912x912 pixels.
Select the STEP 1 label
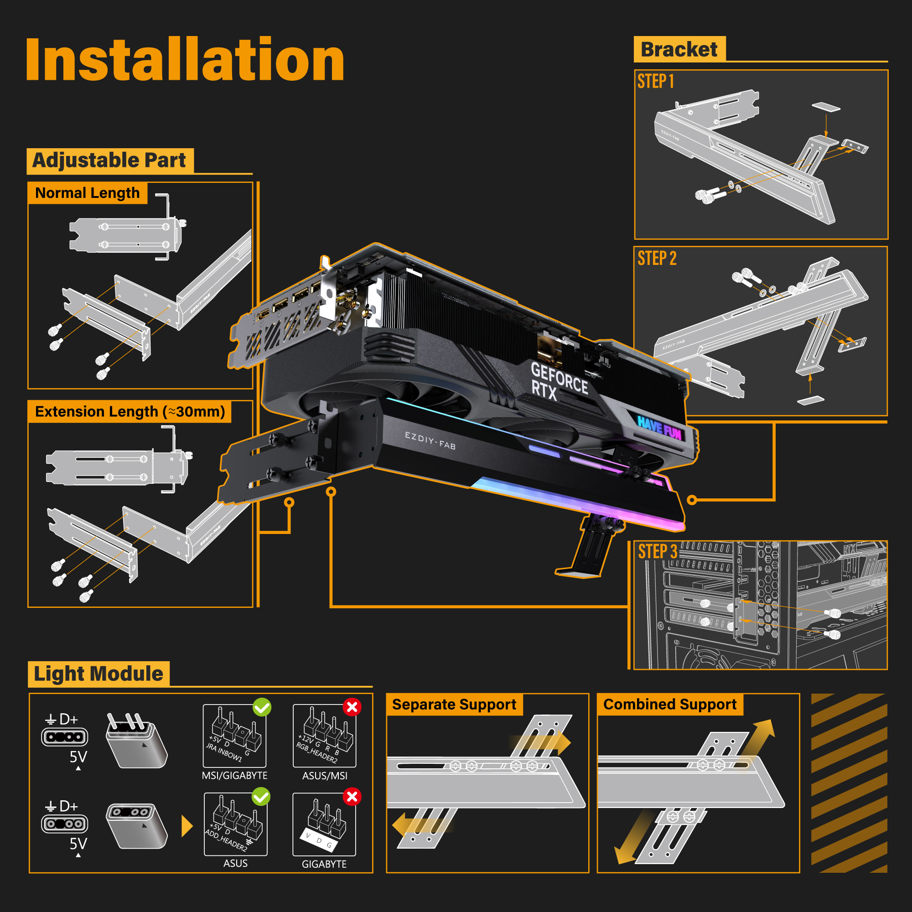tap(655, 82)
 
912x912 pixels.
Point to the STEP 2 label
tap(657, 258)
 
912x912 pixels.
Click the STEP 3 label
tap(657, 551)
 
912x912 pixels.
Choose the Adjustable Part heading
tap(109, 161)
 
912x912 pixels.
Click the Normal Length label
tap(88, 193)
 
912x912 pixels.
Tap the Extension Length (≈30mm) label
tap(130, 412)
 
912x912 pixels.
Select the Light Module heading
tap(98, 674)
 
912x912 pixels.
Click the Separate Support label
tap(454, 705)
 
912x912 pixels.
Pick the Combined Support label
tap(669, 705)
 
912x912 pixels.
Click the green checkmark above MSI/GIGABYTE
tap(262, 707)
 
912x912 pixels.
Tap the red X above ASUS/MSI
tap(352, 707)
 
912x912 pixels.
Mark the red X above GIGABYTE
tap(352, 797)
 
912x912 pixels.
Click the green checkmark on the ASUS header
tap(261, 797)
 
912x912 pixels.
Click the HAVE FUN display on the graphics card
tap(659, 427)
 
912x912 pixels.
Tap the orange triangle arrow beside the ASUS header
tap(187, 826)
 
